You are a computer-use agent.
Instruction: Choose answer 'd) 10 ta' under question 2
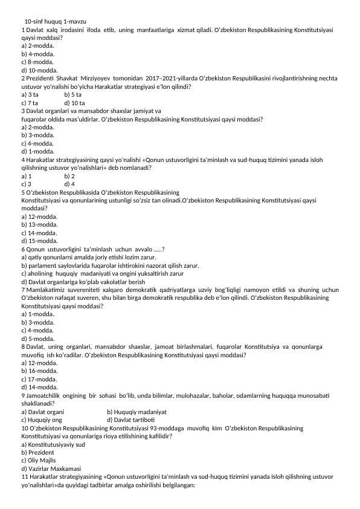[74, 103]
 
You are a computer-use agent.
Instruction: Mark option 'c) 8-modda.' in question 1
[37, 62]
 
